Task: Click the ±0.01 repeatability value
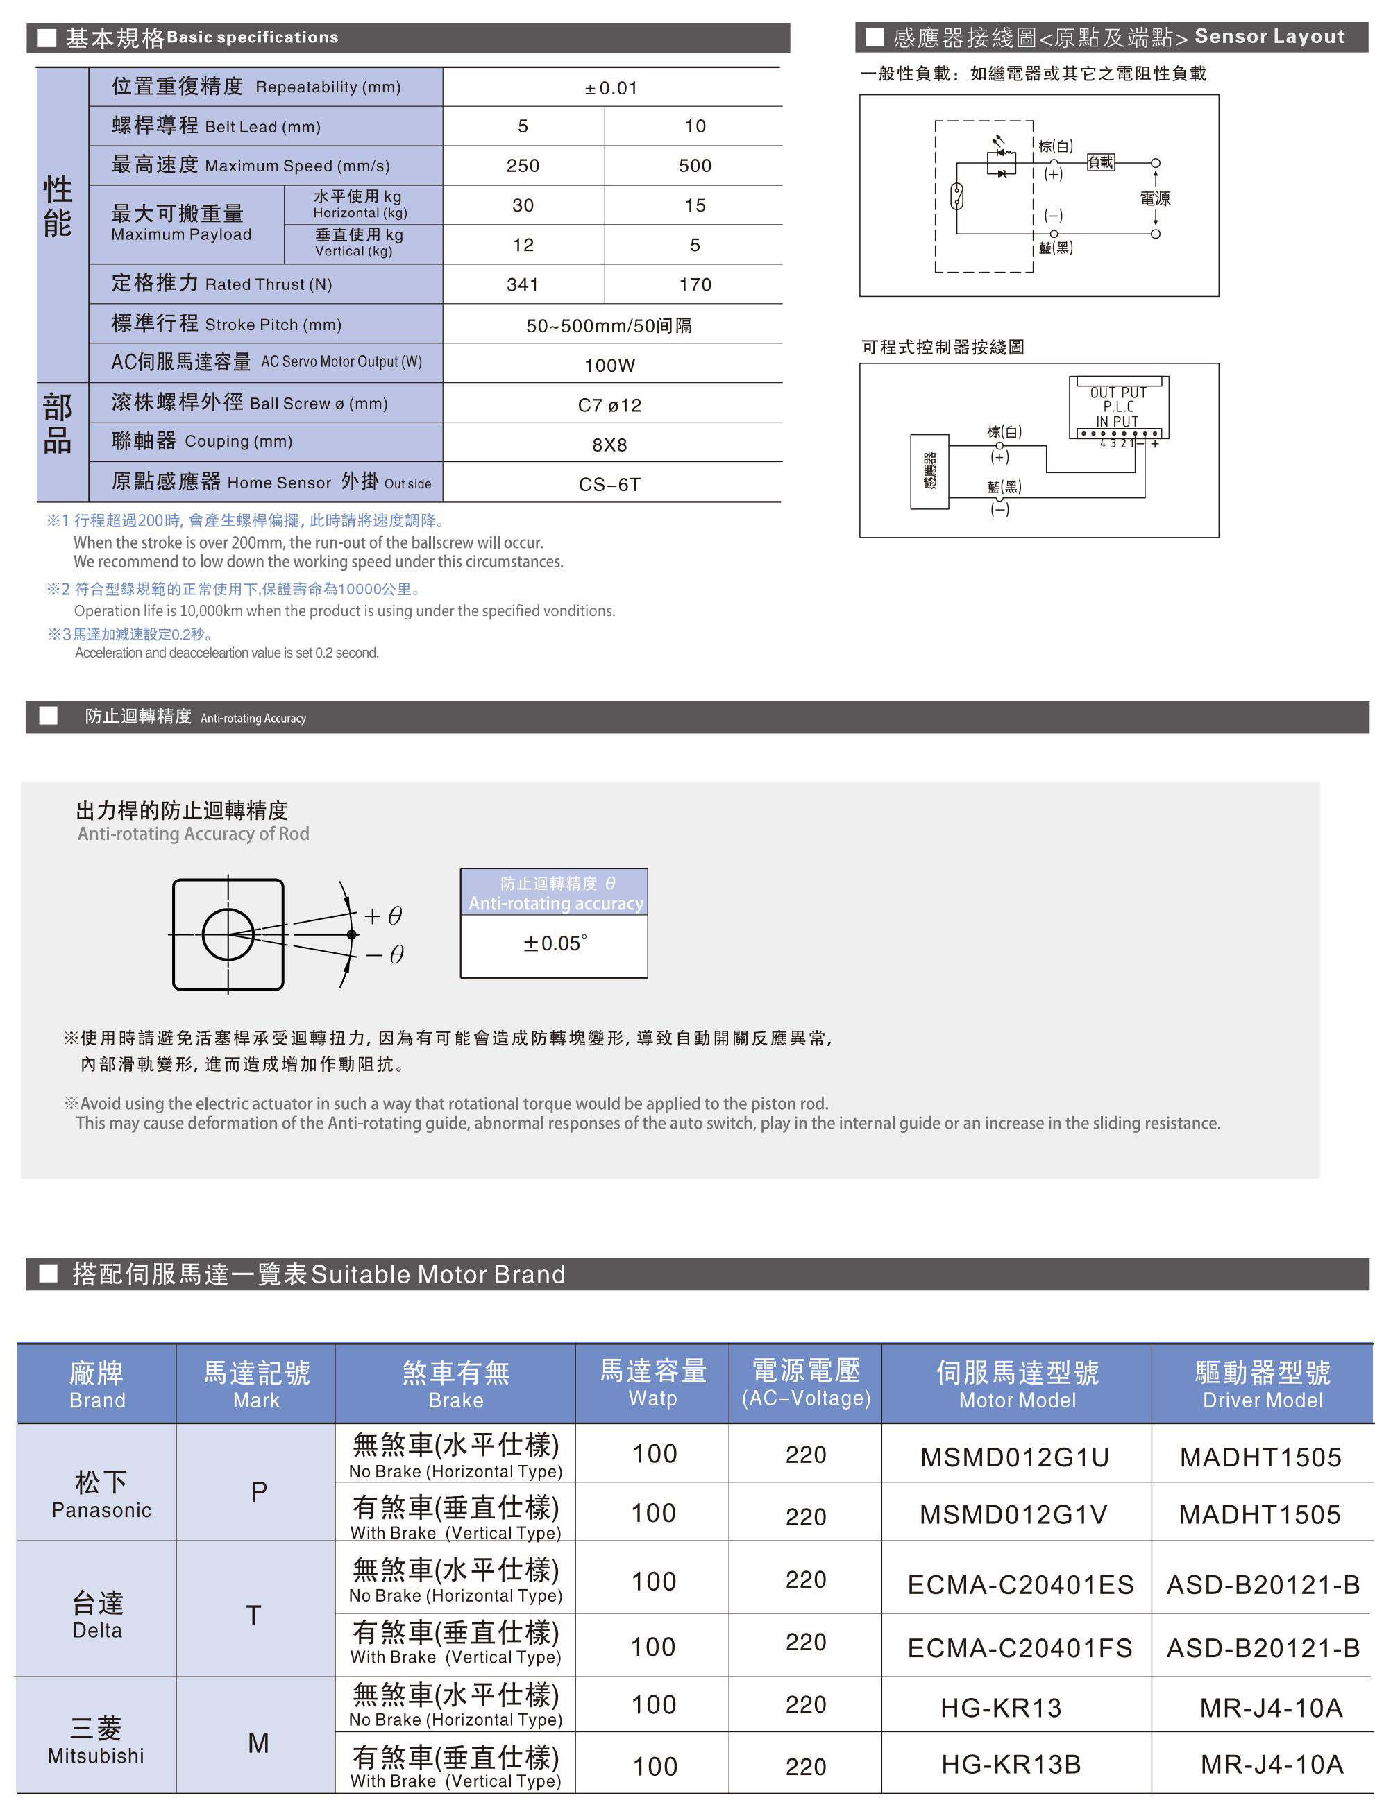pyautogui.click(x=611, y=88)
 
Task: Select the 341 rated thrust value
pyautogui.click(x=523, y=284)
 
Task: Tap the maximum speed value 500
pyautogui.click(x=695, y=166)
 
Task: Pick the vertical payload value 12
pyautogui.click(x=523, y=245)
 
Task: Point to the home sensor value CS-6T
pyautogui.click(x=609, y=484)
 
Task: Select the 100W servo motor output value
pyautogui.click(x=609, y=366)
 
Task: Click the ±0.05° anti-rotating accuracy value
pyautogui.click(x=555, y=943)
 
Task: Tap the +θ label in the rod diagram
pyautogui.click(x=384, y=916)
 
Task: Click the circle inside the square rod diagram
pyautogui.click(x=228, y=934)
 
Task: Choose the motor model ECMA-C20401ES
pyautogui.click(x=1020, y=1584)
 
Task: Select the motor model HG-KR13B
pyautogui.click(x=1011, y=1763)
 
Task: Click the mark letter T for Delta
pyautogui.click(x=254, y=1616)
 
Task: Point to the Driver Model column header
pyautogui.click(x=1263, y=1384)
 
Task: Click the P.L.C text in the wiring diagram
pyautogui.click(x=1118, y=406)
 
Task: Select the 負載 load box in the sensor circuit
pyautogui.click(x=1101, y=162)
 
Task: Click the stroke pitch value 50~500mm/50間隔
pyautogui.click(x=609, y=325)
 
